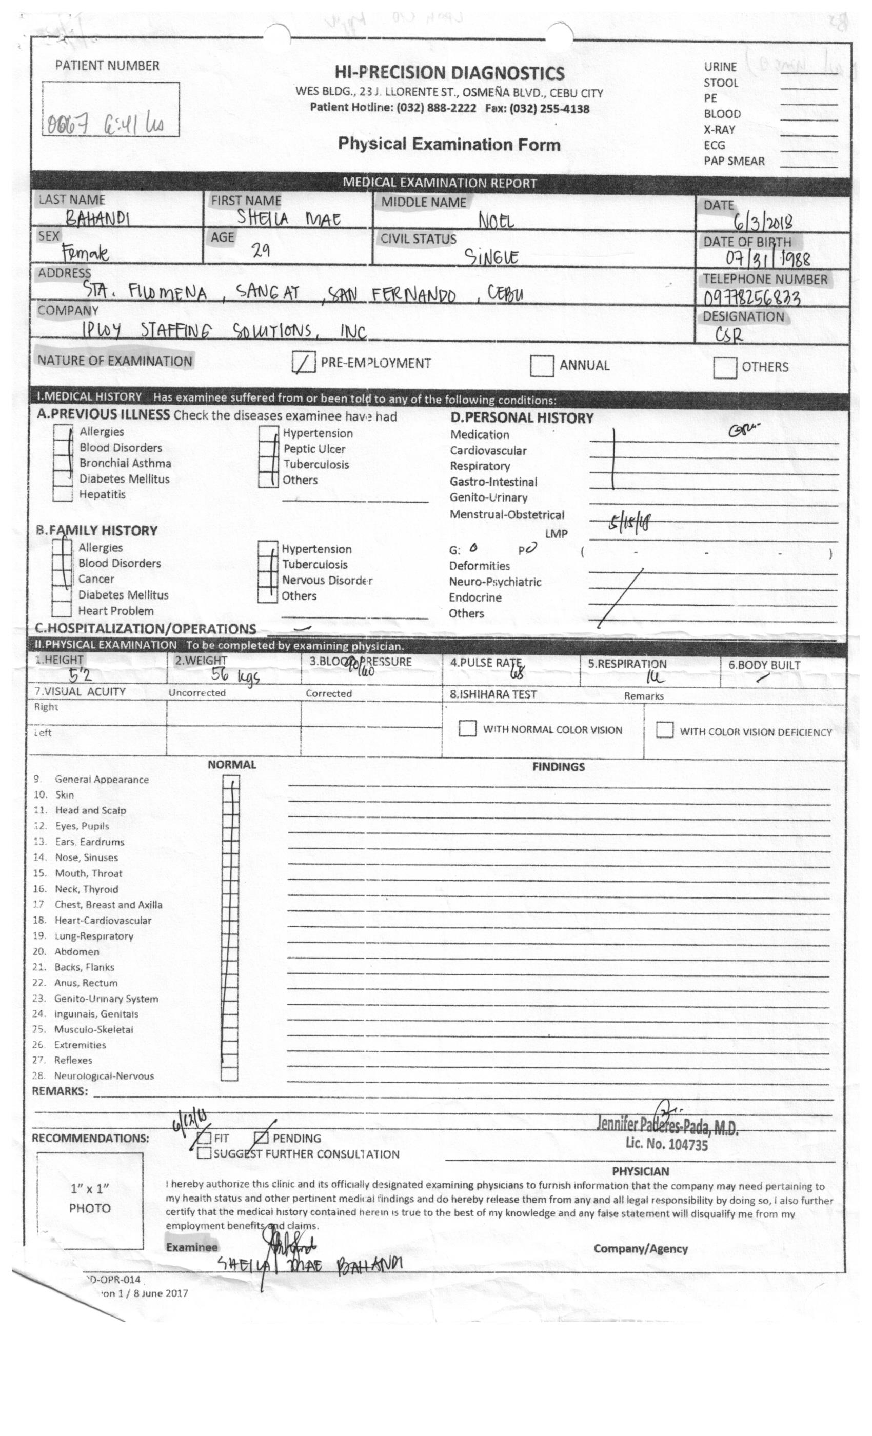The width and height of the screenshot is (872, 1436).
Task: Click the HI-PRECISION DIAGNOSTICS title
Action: pyautogui.click(x=449, y=73)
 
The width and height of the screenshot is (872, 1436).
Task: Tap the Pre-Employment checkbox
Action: pyautogui.click(x=304, y=363)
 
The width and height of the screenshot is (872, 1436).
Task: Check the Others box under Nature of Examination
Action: pyautogui.click(x=724, y=367)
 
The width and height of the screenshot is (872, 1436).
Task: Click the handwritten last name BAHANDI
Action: pyautogui.click(x=97, y=218)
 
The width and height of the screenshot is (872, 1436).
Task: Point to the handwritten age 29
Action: pyautogui.click(x=261, y=251)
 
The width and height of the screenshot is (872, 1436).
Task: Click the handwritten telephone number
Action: pyautogui.click(x=751, y=298)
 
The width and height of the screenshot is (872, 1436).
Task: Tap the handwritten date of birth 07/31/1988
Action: pyautogui.click(x=767, y=257)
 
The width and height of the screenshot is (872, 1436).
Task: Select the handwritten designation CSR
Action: pyautogui.click(x=728, y=334)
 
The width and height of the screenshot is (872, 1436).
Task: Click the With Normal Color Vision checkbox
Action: pyautogui.click(x=467, y=728)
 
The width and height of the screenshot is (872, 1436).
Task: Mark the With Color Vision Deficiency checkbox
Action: pyautogui.click(x=664, y=730)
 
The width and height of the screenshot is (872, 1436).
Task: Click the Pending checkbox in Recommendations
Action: pyautogui.click(x=261, y=1138)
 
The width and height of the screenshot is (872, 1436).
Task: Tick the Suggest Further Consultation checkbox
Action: pyautogui.click(x=204, y=1153)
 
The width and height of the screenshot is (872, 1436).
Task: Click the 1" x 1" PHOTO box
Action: pyautogui.click(x=90, y=1201)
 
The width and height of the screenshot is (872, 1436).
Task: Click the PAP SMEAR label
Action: pyautogui.click(x=734, y=161)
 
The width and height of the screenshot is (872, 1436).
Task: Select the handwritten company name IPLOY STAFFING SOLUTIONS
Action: pyautogui.click(x=225, y=331)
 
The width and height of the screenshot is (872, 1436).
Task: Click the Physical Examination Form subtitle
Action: pyautogui.click(x=449, y=144)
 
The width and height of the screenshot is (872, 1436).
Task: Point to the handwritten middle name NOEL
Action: pyautogui.click(x=496, y=221)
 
